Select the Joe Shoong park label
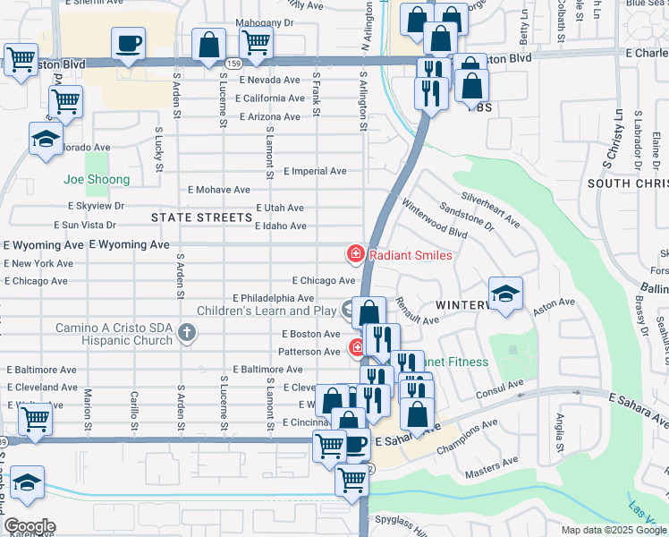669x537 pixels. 97,180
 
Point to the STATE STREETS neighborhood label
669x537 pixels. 202,217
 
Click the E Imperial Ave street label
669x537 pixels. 315,171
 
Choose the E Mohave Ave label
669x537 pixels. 219,190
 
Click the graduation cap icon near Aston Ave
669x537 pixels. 505,294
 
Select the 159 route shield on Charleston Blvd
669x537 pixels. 233,64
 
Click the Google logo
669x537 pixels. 29,526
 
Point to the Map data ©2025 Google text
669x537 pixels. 613,530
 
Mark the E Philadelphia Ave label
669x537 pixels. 274,298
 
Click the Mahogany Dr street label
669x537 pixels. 265,22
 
